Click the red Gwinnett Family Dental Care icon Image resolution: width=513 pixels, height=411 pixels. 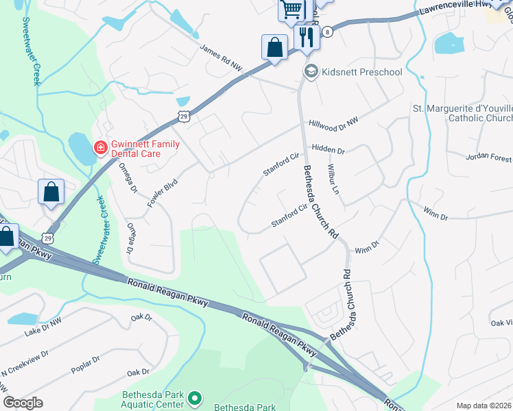[x=100, y=148]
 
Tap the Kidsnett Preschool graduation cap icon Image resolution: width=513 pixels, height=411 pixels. [x=311, y=72]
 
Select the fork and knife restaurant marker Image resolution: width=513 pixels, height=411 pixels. [x=307, y=37]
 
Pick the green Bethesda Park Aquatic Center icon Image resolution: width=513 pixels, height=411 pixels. [x=195, y=398]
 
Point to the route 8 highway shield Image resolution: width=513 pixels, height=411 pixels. [x=329, y=32]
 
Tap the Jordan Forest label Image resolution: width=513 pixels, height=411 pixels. [x=488, y=157]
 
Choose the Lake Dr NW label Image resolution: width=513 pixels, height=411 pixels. [x=42, y=325]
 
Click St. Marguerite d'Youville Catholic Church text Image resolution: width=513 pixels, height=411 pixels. [x=461, y=113]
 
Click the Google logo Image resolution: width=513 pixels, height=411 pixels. [x=23, y=403]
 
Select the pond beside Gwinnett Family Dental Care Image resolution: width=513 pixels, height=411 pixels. [x=80, y=145]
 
